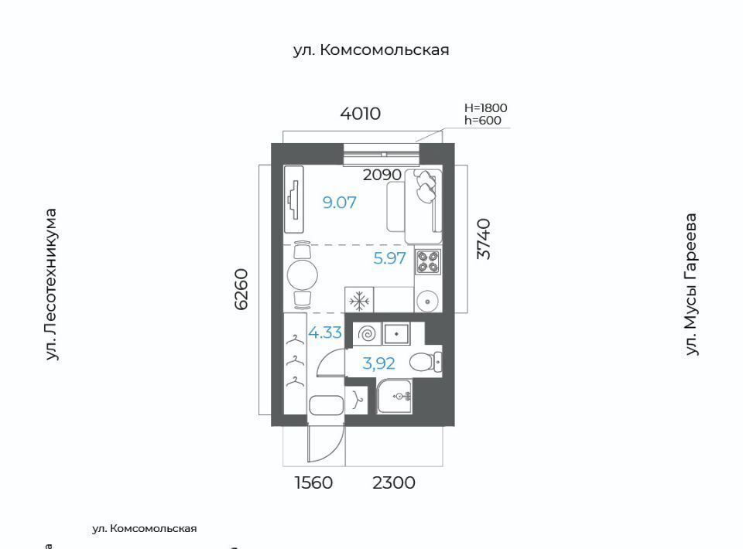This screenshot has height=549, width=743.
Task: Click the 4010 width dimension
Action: point(360,114)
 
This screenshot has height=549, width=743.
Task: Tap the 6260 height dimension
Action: point(241,289)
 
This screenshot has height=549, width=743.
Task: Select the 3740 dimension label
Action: point(483,238)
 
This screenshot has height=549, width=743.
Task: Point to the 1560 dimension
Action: point(313,483)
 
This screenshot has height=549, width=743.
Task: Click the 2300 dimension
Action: point(394,483)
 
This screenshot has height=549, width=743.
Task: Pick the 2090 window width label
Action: point(382,175)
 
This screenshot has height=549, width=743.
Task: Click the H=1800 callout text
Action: point(486,108)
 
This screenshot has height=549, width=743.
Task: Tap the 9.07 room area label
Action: point(339,203)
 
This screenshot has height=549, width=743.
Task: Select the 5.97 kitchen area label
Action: point(389,258)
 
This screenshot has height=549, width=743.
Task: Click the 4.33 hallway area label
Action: point(325,332)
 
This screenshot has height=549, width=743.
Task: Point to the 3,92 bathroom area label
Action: point(378,363)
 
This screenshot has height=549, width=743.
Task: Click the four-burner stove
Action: point(428,261)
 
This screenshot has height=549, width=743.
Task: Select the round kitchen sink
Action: point(428,301)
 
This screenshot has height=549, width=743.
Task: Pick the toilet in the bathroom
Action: point(426,363)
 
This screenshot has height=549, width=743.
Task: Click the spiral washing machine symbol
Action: point(367,334)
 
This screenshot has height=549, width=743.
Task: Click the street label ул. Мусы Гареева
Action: point(692,285)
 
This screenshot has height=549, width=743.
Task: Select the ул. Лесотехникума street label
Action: point(51,285)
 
